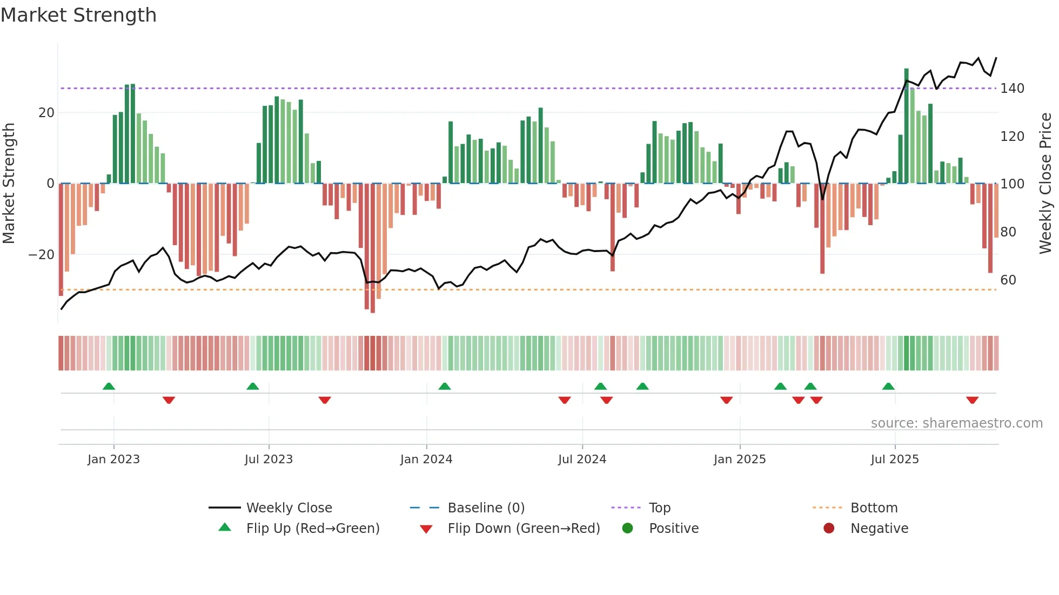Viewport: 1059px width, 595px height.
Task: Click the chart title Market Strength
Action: [x=78, y=15]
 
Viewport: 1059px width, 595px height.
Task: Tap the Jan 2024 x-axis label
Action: [x=426, y=459]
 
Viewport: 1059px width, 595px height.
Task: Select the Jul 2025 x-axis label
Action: [x=894, y=459]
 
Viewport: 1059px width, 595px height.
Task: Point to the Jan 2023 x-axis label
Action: [x=113, y=459]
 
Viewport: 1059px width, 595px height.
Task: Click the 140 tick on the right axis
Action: [x=1012, y=89]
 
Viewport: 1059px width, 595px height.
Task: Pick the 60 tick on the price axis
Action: [x=1008, y=280]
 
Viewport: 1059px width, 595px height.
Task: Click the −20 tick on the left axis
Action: [x=42, y=255]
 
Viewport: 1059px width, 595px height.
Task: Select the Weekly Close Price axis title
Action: [x=1045, y=184]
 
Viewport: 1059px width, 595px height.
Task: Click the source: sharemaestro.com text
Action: [x=956, y=423]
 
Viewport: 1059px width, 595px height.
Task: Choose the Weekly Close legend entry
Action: [x=289, y=508]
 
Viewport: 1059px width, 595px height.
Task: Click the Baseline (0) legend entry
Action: [x=486, y=508]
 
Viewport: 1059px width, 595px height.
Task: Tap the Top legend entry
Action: [x=659, y=508]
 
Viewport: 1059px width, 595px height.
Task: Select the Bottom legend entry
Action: [x=874, y=508]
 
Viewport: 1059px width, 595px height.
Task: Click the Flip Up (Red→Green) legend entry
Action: [x=312, y=529]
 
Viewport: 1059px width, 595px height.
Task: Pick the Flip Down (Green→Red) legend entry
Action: [x=524, y=529]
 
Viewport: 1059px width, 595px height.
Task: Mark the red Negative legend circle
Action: [x=828, y=529]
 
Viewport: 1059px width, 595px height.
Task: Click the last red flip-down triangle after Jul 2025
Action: [x=972, y=400]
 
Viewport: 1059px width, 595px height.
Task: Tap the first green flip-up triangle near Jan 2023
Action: [x=109, y=386]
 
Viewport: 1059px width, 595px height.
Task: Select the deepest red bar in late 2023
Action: [x=373, y=248]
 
